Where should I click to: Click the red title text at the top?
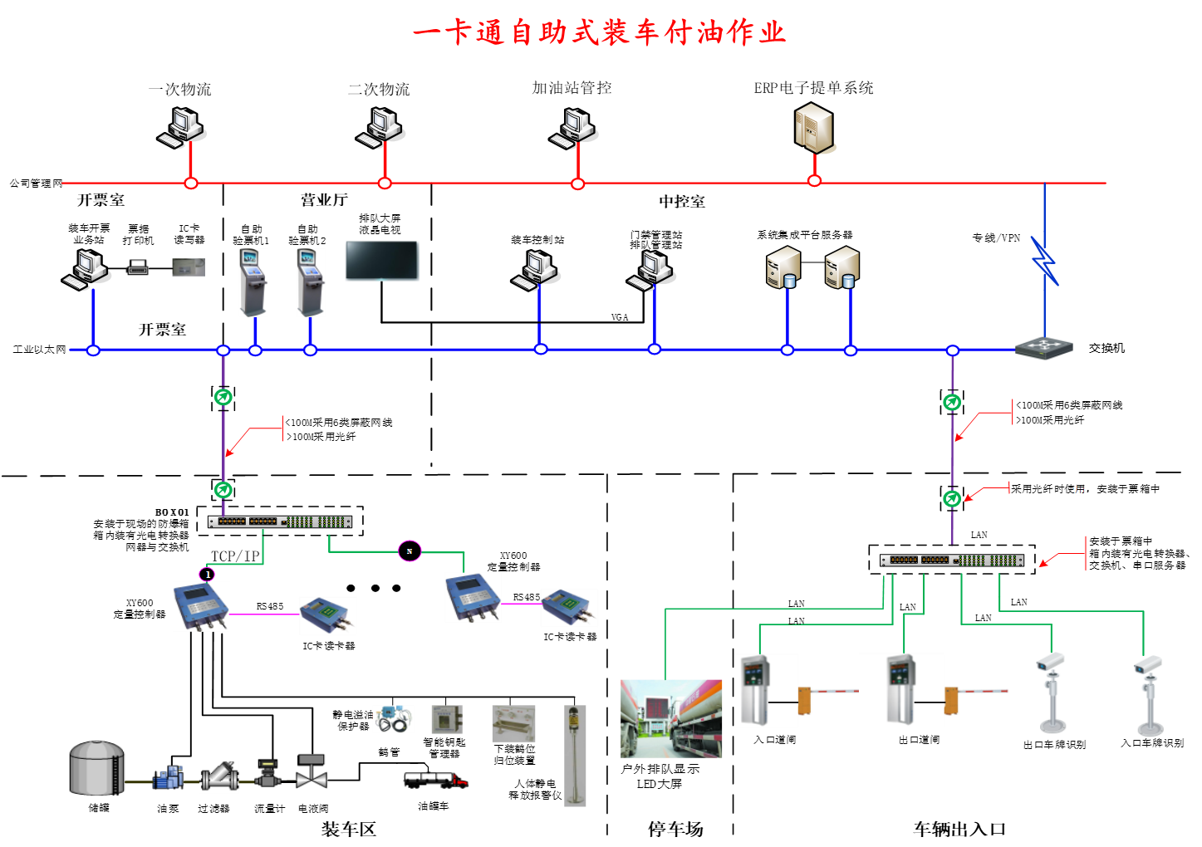pos(599,32)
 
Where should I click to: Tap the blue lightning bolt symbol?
pos(1044,262)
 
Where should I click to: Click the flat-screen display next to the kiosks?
pos(382,261)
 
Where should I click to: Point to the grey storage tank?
pos(96,768)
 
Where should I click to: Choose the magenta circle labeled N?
pos(410,551)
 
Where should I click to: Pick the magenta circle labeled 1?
pos(208,574)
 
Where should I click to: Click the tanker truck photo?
pos(671,719)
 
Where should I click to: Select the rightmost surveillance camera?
pos(1149,694)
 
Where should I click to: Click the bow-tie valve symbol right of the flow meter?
pos(312,773)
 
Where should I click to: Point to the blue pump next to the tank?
pos(169,776)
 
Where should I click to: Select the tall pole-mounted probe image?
pos(575,756)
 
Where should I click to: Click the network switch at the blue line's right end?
pos(1044,348)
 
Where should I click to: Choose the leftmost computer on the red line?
pos(182,127)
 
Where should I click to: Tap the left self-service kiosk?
pos(253,282)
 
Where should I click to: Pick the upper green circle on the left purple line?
pos(223,397)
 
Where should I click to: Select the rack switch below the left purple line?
pos(280,521)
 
